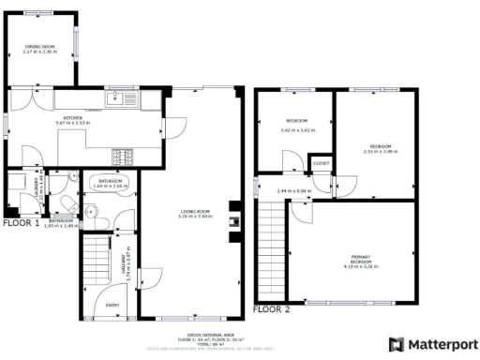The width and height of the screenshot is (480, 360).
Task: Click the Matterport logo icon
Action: (x=396, y=343)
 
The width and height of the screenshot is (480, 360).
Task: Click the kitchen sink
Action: (x=118, y=97)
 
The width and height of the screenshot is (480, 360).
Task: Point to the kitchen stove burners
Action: (x=122, y=156)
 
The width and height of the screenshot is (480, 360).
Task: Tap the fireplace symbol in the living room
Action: (x=234, y=222)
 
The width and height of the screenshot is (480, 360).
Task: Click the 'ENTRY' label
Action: (x=112, y=305)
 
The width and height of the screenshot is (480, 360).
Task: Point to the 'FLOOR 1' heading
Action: (x=21, y=224)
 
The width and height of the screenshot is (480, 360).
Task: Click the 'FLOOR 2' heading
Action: (x=272, y=308)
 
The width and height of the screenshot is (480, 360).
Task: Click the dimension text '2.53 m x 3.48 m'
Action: (x=380, y=152)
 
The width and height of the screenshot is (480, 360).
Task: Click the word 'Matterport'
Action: (x=441, y=343)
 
